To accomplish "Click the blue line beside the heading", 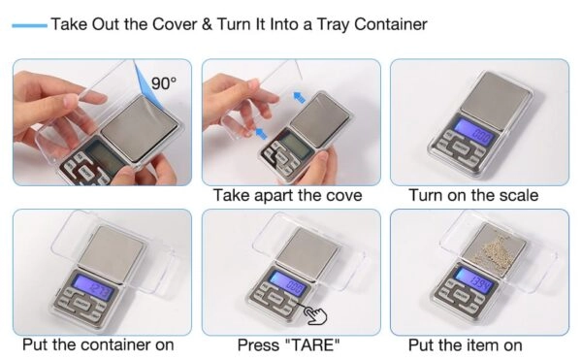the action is pyautogui.click(x=29, y=25).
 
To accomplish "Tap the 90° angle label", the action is pyautogui.click(x=164, y=83).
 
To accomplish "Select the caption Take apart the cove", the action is pyautogui.click(x=288, y=195).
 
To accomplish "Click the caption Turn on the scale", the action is pyautogui.click(x=473, y=195).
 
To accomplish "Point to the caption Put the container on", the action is pyautogui.click(x=98, y=344).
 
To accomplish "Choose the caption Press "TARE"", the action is pyautogui.click(x=288, y=345).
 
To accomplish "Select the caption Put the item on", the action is pyautogui.click(x=465, y=345).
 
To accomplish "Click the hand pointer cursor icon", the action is pyautogui.click(x=315, y=315).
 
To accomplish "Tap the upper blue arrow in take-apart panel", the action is pyautogui.click(x=300, y=98).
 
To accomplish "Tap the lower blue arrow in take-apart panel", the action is pyautogui.click(x=261, y=133).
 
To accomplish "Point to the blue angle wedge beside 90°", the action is pyautogui.click(x=147, y=84).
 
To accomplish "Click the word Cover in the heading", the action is pyautogui.click(x=175, y=25).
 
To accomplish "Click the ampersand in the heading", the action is pyautogui.click(x=208, y=25).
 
